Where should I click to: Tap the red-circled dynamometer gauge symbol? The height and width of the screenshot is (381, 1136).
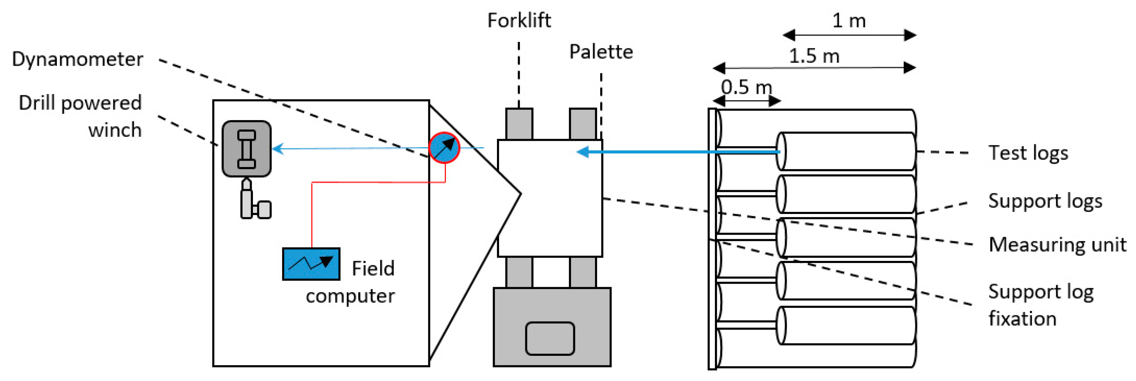coord(445,148)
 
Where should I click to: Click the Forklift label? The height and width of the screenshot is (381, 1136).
coord(519,20)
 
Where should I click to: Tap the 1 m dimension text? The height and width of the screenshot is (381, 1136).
coord(849,21)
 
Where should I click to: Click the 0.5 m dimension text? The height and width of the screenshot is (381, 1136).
coord(747,87)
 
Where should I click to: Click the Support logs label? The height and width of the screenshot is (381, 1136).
coord(1045,201)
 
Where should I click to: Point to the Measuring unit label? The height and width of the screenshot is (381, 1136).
coord(1057,245)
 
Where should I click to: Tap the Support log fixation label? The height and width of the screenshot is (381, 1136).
coord(1041,305)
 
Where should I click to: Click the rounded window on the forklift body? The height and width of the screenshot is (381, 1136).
coord(550,338)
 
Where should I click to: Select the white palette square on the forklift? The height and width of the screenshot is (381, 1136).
coord(550,198)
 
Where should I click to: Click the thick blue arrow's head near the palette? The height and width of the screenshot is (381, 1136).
coord(583,152)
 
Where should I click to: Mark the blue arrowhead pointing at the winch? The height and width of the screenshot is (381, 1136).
coord(278,148)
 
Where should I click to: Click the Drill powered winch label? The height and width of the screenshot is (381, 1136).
coord(80,116)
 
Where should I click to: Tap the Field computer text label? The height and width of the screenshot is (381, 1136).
coord(351,282)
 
